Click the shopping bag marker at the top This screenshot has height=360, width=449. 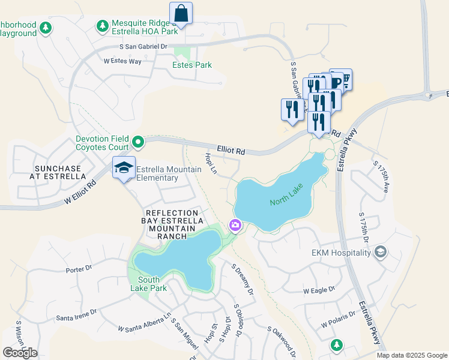[x=181, y=13]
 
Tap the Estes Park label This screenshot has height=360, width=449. [x=191, y=65]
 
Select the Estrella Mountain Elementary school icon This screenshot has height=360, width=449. [x=123, y=168]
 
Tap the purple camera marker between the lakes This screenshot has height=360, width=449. [x=235, y=226]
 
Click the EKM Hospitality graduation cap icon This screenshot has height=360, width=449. [x=379, y=253]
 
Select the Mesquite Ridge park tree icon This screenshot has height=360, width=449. [x=102, y=26]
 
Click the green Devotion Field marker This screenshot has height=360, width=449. [x=138, y=142]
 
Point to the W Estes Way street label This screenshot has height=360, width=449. [x=122, y=61]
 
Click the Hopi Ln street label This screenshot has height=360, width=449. [x=210, y=164]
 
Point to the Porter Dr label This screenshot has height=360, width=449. [x=79, y=269]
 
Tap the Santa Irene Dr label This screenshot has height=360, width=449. [x=76, y=315]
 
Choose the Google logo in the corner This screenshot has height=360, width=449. [x=20, y=353]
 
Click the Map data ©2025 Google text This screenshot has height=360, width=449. [x=412, y=355]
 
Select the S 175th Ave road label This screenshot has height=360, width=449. [x=381, y=176]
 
